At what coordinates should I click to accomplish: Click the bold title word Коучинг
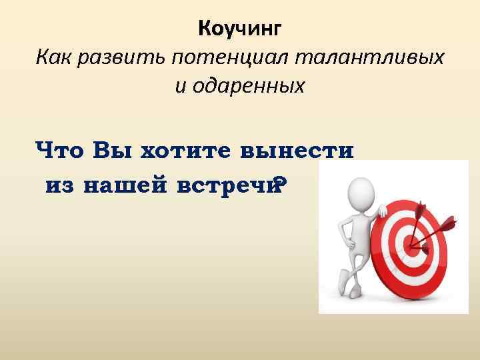click(241, 29)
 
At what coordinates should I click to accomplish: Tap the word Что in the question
click(61, 150)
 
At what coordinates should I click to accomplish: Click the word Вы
click(113, 150)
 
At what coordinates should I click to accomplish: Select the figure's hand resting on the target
click(383, 211)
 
